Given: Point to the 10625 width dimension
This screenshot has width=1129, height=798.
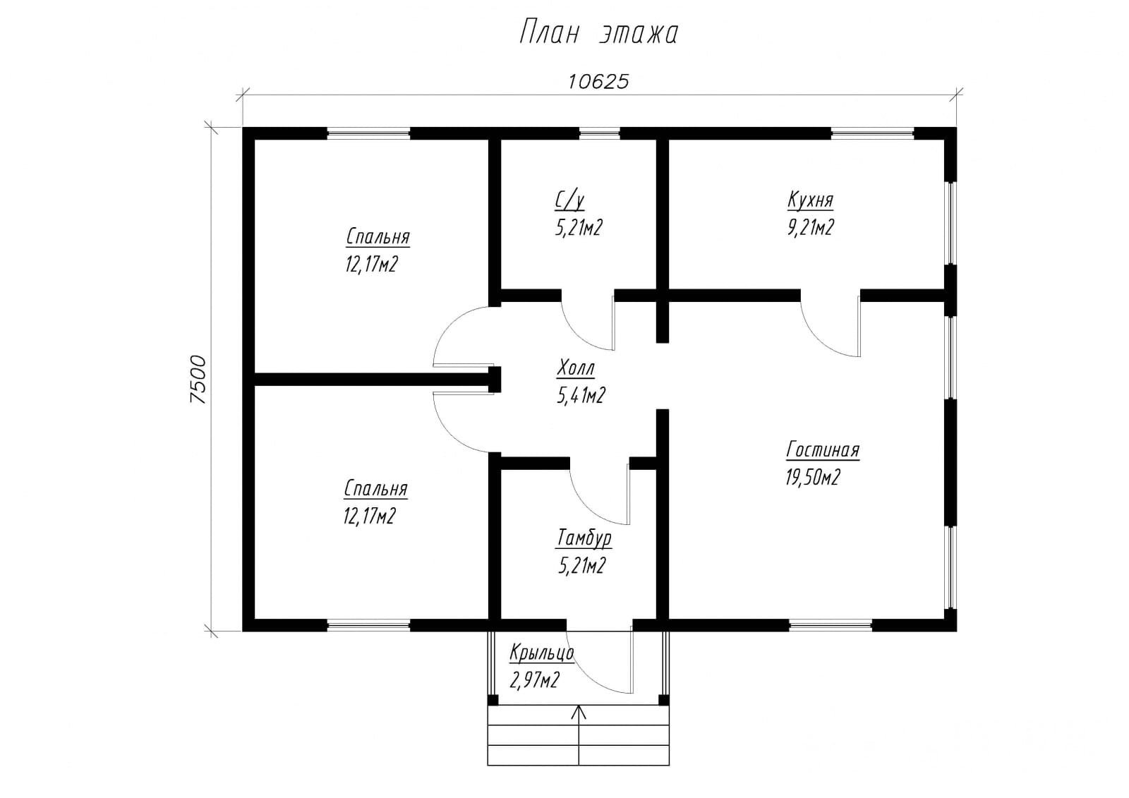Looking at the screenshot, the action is point(599,82).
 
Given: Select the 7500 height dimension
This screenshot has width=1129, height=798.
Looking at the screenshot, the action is point(198,379).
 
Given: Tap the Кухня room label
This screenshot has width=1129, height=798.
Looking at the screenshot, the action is point(811,200).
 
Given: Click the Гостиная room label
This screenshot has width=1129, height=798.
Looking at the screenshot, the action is point(823,450).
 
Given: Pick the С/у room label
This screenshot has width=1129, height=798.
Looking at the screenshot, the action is point(570,200).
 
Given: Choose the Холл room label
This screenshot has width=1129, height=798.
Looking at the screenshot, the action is point(576,368).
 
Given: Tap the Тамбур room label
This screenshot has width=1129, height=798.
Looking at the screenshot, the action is point(584,538).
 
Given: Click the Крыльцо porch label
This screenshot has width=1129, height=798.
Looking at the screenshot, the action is point(541,653).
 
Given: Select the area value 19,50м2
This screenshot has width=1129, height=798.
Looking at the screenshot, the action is point(813,477).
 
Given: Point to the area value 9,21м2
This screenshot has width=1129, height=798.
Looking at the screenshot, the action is point(811,227).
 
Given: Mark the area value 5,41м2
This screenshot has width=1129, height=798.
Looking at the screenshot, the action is point(581,396).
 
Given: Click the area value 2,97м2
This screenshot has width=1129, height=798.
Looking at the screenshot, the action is point(534,681).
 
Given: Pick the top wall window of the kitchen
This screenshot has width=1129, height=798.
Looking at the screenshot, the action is point(872,133).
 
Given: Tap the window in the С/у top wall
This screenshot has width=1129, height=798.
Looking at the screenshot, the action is point(599,133).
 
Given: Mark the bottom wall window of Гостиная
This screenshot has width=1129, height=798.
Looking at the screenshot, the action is point(830,626).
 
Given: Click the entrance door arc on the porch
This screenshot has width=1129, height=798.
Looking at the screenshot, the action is point(591,677).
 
